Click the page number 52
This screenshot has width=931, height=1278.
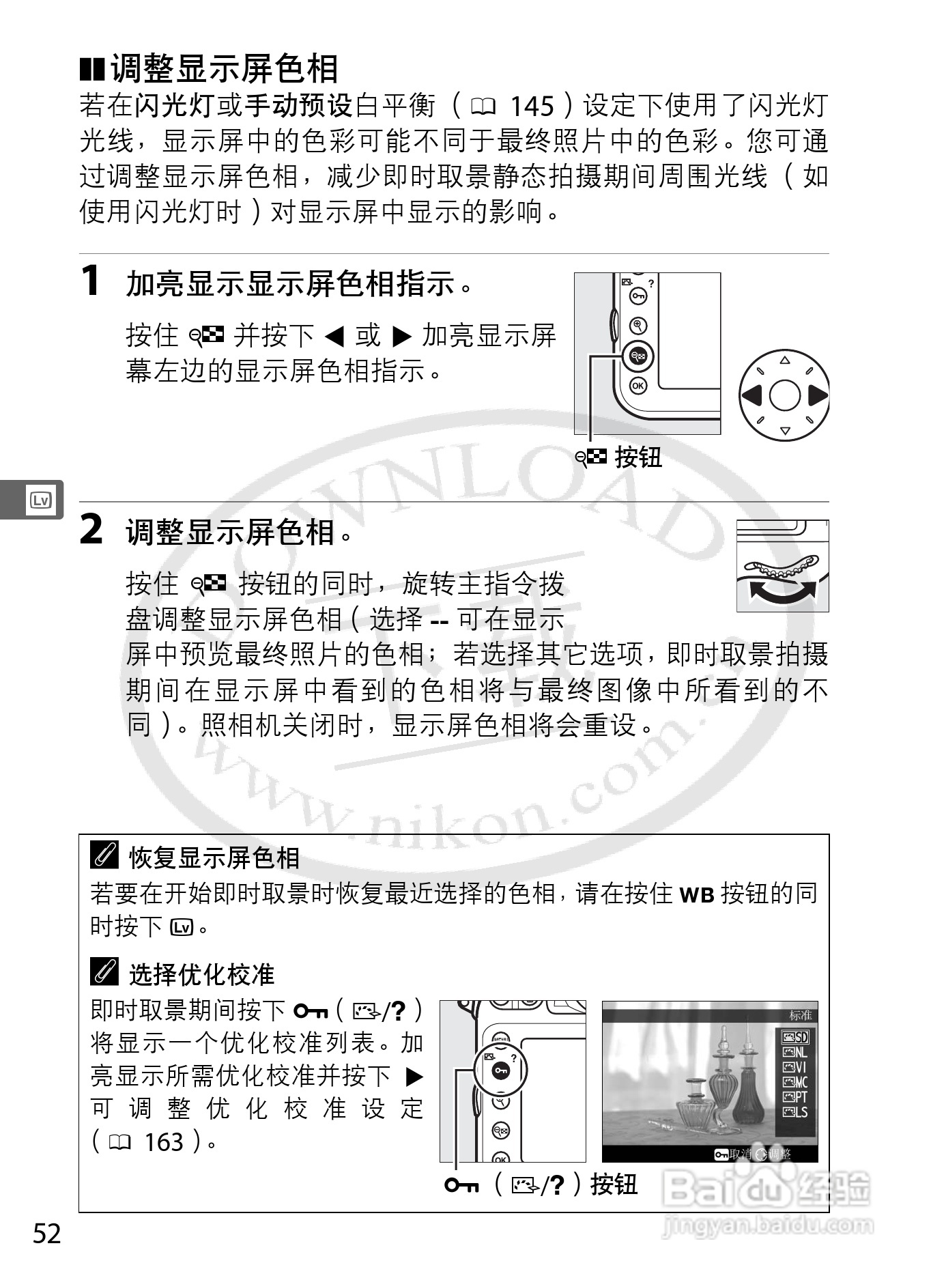[x=47, y=1234]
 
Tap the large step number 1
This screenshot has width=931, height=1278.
[x=91, y=281]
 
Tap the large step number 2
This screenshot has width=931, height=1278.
[x=91, y=529]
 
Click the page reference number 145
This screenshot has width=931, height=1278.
[x=532, y=106]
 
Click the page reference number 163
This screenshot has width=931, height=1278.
[x=164, y=1141]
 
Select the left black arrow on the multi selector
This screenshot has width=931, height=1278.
[x=751, y=395]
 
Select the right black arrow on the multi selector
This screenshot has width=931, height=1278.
[x=817, y=395]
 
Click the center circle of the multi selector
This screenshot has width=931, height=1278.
[x=784, y=395]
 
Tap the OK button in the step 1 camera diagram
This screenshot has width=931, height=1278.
[x=638, y=386]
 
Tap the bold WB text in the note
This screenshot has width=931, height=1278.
[x=697, y=894]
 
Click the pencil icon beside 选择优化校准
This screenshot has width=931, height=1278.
[x=104, y=971]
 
